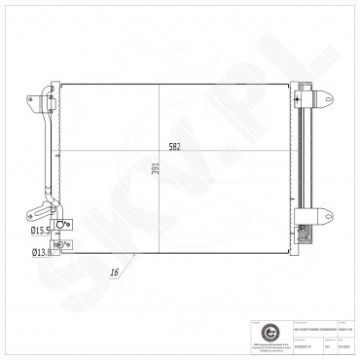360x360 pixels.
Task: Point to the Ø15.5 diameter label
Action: pyautogui.click(x=42, y=230)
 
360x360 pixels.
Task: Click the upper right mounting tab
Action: pyautogui.click(x=322, y=98)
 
